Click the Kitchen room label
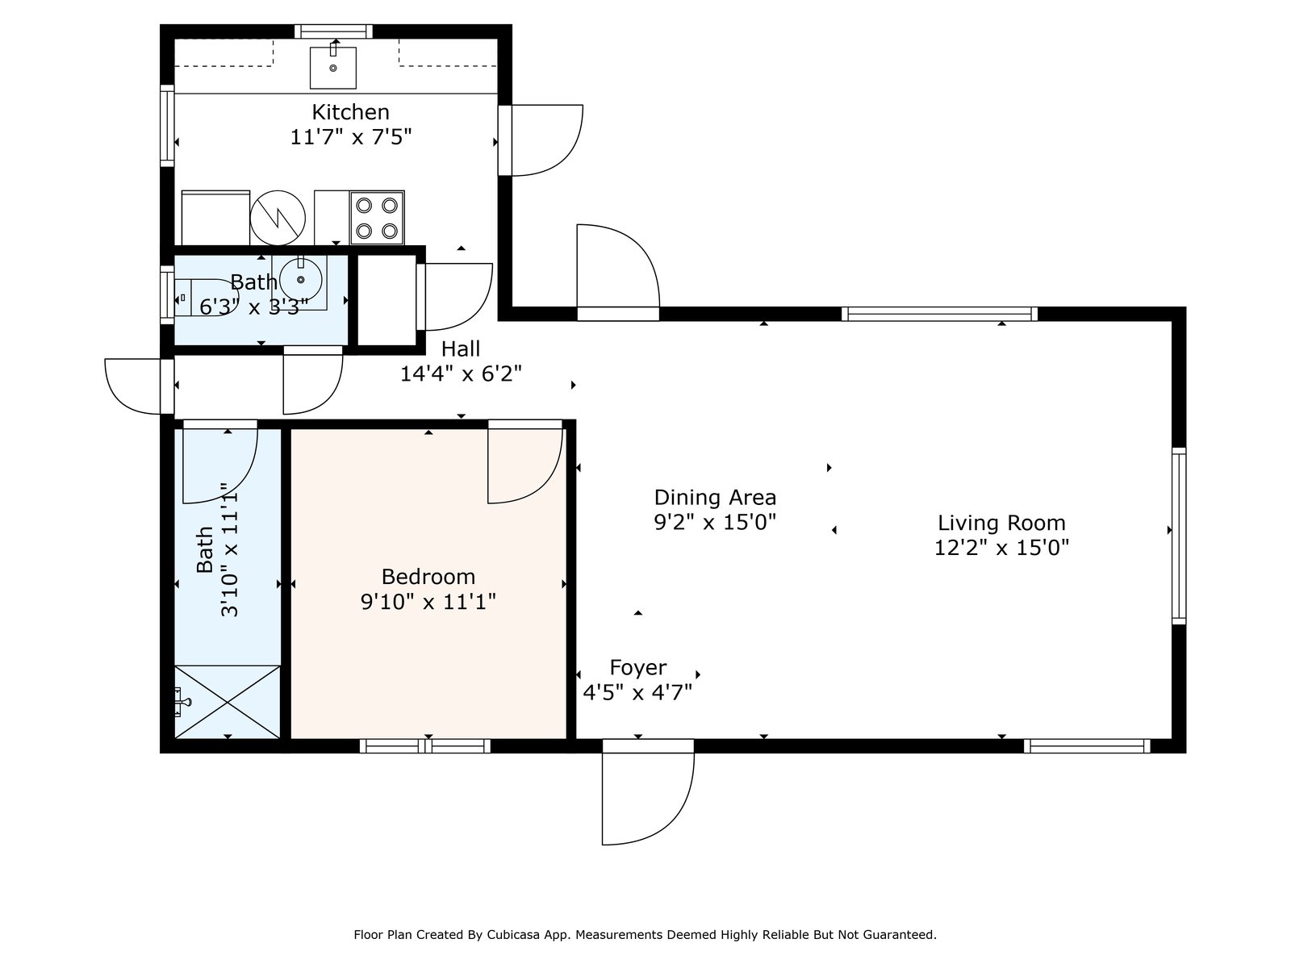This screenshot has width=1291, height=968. (x=350, y=111)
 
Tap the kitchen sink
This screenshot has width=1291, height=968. (x=333, y=68)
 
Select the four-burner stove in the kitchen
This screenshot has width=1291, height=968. (x=377, y=218)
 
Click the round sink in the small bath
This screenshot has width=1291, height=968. (x=300, y=279)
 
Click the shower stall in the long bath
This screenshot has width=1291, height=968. (x=227, y=702)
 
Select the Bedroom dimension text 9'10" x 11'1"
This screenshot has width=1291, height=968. (x=428, y=602)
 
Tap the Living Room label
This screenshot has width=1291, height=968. (x=1001, y=523)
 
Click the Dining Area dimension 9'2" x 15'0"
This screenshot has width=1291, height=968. (x=715, y=522)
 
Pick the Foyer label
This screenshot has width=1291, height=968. (x=638, y=668)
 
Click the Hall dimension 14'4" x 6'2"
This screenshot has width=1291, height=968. (x=461, y=373)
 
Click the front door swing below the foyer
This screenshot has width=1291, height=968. (x=648, y=798)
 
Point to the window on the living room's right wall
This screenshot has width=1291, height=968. (x=1179, y=536)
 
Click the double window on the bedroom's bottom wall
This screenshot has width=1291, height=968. (x=424, y=746)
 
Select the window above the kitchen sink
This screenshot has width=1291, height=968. (x=333, y=31)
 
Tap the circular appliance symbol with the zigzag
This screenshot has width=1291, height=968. (x=278, y=218)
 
